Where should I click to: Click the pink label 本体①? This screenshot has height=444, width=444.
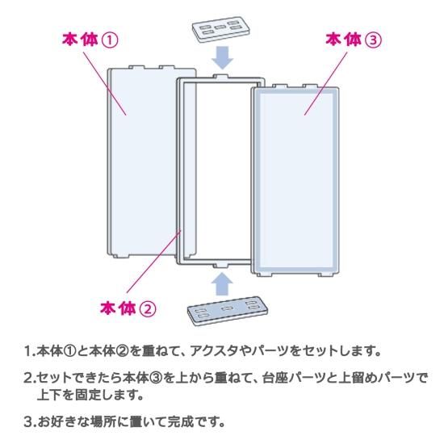click(90, 40)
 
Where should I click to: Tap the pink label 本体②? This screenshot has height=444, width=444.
click(128, 308)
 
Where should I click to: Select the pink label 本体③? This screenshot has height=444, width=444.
click(354, 40)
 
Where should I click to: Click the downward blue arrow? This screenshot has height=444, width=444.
click(222, 58)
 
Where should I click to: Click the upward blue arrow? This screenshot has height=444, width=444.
click(222, 283)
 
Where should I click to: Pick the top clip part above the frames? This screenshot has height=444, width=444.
click(221, 29)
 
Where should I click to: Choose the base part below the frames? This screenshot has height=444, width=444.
click(228, 311)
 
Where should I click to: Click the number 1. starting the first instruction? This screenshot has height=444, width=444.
click(30, 351)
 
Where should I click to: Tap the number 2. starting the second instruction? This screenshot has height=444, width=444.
click(30, 378)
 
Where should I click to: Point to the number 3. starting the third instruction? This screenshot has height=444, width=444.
click(30, 422)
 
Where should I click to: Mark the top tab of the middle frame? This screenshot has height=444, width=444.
click(220, 76)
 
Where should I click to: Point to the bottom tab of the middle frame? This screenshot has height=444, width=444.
click(220, 266)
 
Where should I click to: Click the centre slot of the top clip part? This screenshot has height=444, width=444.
click(220, 27)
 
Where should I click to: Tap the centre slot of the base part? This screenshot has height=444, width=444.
click(227, 308)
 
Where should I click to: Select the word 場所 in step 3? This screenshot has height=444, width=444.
click(103, 422)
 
